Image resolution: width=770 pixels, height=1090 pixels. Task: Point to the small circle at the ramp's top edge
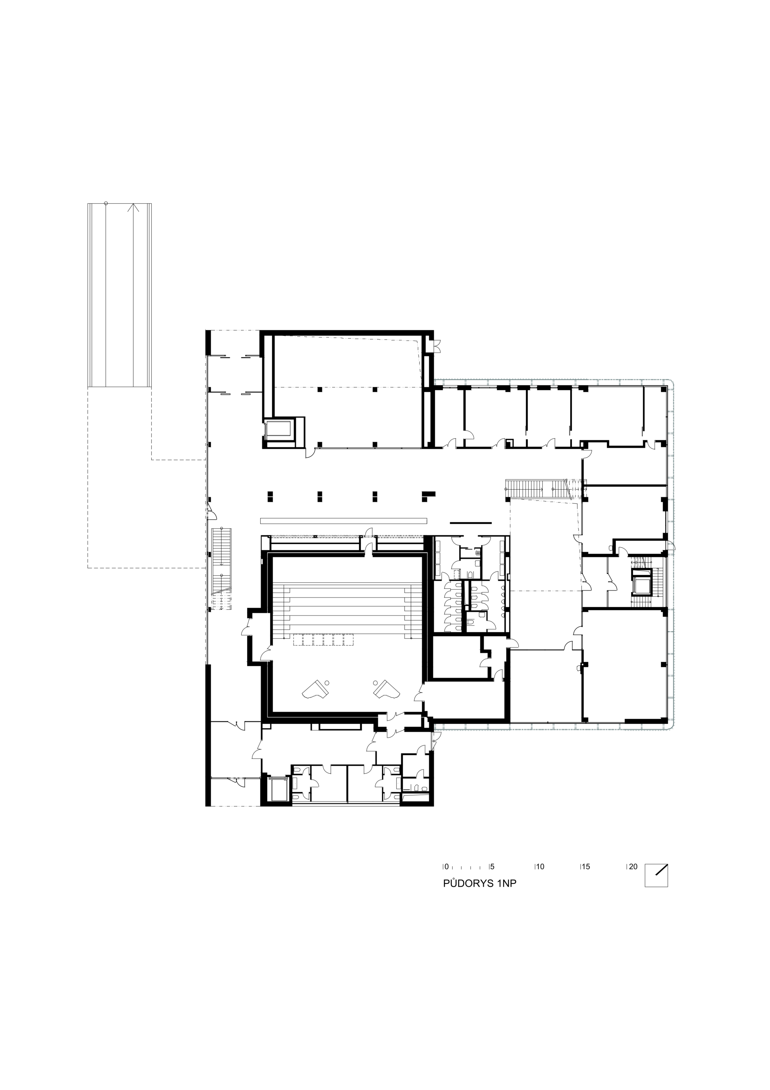106,203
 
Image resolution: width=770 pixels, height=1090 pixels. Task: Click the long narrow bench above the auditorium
344,521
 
